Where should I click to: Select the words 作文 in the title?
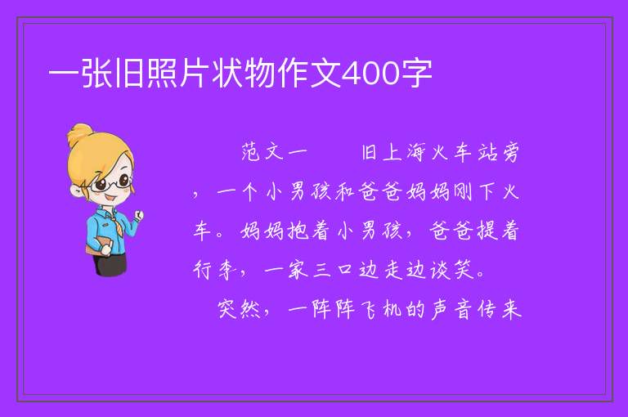pyautogui.click(x=308, y=74)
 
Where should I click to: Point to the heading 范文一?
pyautogui.click(x=275, y=152)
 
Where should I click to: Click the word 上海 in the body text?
pyautogui.click(x=404, y=152)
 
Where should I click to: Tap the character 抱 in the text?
pyautogui.click(x=298, y=231)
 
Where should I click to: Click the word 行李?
pyautogui.click(x=215, y=270)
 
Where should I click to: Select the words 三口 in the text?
pyautogui.click(x=334, y=270)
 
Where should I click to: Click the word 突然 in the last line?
pyautogui.click(x=239, y=309)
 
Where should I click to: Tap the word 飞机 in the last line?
pyautogui.click(x=380, y=309)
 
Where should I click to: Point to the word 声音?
pyautogui.click(x=451, y=309)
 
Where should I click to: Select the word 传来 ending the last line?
pyautogui.click(x=499, y=309)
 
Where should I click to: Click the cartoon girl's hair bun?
pyautogui.click(x=80, y=134)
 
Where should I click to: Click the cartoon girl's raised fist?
pyautogui.click(x=138, y=216)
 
